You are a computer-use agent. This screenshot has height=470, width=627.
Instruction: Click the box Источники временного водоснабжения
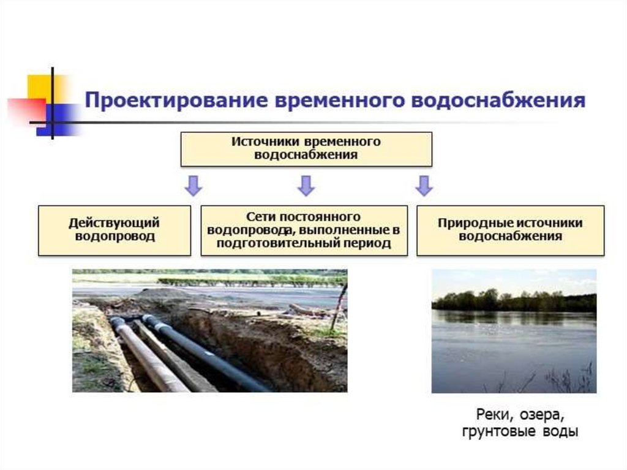coord(306,148)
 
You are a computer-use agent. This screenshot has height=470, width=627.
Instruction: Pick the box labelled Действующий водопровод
coord(115,230)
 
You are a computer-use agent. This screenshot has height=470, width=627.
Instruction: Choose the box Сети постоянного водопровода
coord(304,230)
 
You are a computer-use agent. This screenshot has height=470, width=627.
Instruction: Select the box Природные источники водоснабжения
coord(510,230)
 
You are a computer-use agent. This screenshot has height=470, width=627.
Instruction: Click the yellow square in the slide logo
coord(39,87)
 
